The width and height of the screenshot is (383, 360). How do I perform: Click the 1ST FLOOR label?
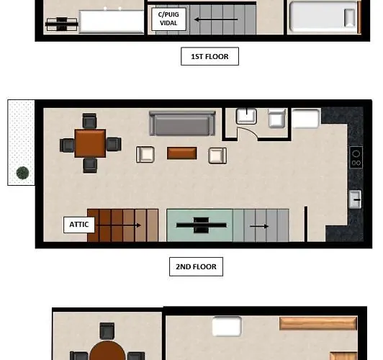(209, 56)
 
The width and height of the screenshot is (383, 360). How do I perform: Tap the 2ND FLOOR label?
(196, 266)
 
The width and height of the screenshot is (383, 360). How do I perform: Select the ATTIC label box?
(79, 225)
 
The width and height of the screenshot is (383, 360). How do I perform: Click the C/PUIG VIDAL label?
(168, 19)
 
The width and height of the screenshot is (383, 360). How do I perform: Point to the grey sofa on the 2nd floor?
(182, 123)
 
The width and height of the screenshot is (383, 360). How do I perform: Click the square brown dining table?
(90, 143)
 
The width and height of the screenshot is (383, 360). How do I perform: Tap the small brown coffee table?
(182, 153)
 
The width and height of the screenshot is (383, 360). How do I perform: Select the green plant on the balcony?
(22, 173)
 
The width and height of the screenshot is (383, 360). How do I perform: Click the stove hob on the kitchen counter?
(356, 157)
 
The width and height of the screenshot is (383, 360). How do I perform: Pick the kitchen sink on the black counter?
(355, 199)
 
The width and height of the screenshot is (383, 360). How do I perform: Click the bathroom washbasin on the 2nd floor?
(246, 116)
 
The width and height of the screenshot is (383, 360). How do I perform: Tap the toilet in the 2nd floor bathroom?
(276, 118)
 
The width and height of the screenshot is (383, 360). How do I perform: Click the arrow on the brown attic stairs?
(119, 225)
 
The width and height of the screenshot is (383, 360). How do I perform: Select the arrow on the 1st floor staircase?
(216, 19)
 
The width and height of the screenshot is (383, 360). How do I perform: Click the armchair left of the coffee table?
(145, 154)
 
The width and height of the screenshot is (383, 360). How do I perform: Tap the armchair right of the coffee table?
(217, 156)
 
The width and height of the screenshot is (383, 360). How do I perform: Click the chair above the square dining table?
(89, 121)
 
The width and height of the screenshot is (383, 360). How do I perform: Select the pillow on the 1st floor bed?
(350, 18)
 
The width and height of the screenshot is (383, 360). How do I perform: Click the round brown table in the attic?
(107, 351)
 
